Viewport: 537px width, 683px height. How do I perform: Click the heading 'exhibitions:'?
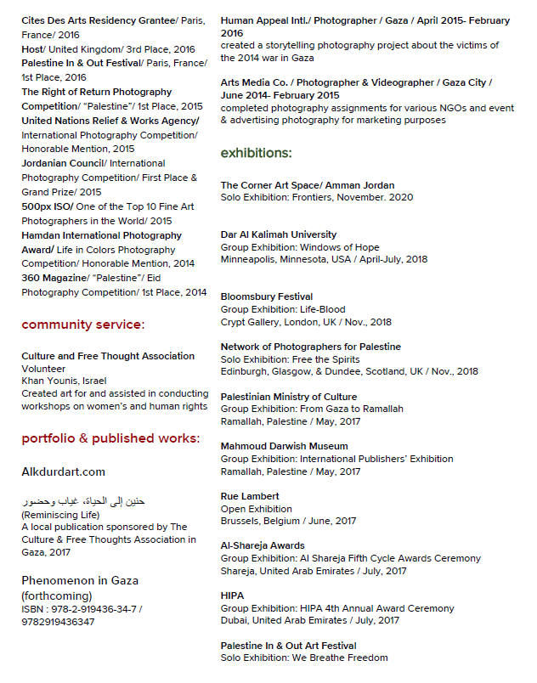coord(256,154)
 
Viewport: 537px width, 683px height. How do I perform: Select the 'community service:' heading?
coord(82,325)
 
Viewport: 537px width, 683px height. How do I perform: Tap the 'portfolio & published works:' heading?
coord(110,439)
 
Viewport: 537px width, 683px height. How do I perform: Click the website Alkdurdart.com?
coord(64,471)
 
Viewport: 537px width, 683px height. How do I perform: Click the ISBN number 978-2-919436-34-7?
coord(82,609)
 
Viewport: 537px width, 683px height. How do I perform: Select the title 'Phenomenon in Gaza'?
coord(80,581)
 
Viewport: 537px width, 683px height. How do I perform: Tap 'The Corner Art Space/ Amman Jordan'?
coord(307,185)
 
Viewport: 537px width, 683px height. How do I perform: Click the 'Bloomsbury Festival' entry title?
coord(266,296)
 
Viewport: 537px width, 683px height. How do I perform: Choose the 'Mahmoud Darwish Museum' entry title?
coord(284,446)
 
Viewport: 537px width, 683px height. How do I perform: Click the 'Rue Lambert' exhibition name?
coord(250,496)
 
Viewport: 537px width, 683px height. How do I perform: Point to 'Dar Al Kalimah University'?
coord(279,234)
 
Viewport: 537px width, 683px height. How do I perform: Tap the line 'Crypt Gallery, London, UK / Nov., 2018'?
coord(306,323)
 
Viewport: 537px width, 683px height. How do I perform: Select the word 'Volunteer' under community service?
coord(43,370)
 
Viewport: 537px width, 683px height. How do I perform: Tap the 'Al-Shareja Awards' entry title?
coord(263,545)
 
